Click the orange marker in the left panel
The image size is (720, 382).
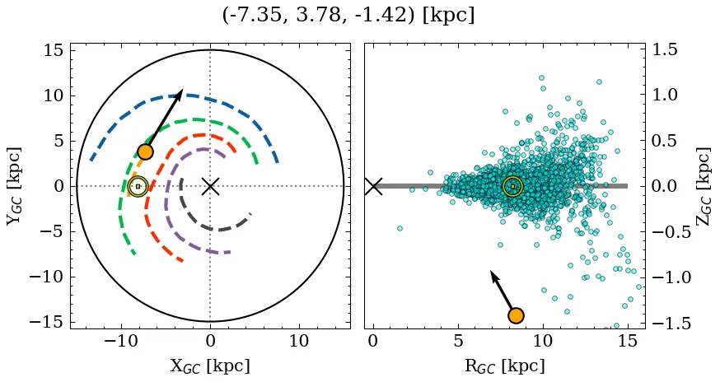click(x=145, y=151)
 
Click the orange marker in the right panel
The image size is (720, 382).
click(x=516, y=315)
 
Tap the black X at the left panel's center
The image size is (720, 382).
click(x=210, y=186)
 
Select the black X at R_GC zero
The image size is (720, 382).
click(x=373, y=186)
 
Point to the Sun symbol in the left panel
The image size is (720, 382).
click(x=138, y=186)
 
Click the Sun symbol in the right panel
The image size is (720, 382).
click(x=512, y=186)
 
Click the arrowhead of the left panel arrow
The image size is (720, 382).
click(x=180, y=92)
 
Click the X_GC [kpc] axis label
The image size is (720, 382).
click(x=210, y=366)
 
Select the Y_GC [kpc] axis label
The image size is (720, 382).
click(x=13, y=186)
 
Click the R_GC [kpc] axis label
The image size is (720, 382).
click(x=505, y=366)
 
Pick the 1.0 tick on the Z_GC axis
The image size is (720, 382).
click(x=669, y=95)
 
